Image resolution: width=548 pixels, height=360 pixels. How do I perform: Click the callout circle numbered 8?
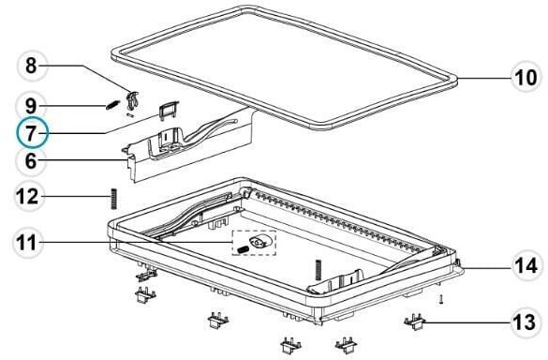31,67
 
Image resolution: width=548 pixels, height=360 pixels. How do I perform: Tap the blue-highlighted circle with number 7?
31,132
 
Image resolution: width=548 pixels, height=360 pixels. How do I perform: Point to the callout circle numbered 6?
31,160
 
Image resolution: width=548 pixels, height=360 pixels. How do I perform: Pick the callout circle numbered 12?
31,196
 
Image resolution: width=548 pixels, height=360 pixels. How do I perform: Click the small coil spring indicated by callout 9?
111,101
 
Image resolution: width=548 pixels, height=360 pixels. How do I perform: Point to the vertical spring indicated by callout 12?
113,198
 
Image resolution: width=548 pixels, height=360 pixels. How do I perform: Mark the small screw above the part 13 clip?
441,299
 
